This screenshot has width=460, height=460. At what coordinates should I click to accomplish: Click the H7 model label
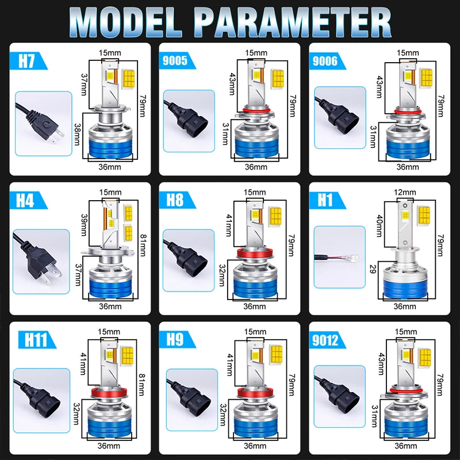pos(26,61)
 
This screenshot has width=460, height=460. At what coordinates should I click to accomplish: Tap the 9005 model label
pos(175,60)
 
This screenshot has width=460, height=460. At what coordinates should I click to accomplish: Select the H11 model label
pos(36,340)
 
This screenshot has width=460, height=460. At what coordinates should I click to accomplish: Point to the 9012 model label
pos(325,340)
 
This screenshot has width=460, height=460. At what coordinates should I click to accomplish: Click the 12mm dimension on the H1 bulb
pos(405,192)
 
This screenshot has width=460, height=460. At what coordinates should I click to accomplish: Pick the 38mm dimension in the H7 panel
pos(77,134)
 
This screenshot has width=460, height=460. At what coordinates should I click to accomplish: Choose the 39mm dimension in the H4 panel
pos(84,225)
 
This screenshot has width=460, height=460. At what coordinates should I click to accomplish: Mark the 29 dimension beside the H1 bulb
pos(373,269)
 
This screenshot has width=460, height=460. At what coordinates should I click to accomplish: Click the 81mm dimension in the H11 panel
pos(142,384)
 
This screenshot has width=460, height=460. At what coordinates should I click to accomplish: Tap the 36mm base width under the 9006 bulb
pos(408,167)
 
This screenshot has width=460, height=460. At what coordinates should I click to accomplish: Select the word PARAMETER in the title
pos(293,23)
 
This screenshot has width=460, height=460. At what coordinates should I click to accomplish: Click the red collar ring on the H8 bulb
pos(255,252)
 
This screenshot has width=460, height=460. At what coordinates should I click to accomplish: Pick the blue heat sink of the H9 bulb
pos(256,427)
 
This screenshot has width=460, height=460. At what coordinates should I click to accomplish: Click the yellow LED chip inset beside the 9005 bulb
pos(277,79)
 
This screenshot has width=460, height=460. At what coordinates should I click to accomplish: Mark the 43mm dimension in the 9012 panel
pos(381,364)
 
